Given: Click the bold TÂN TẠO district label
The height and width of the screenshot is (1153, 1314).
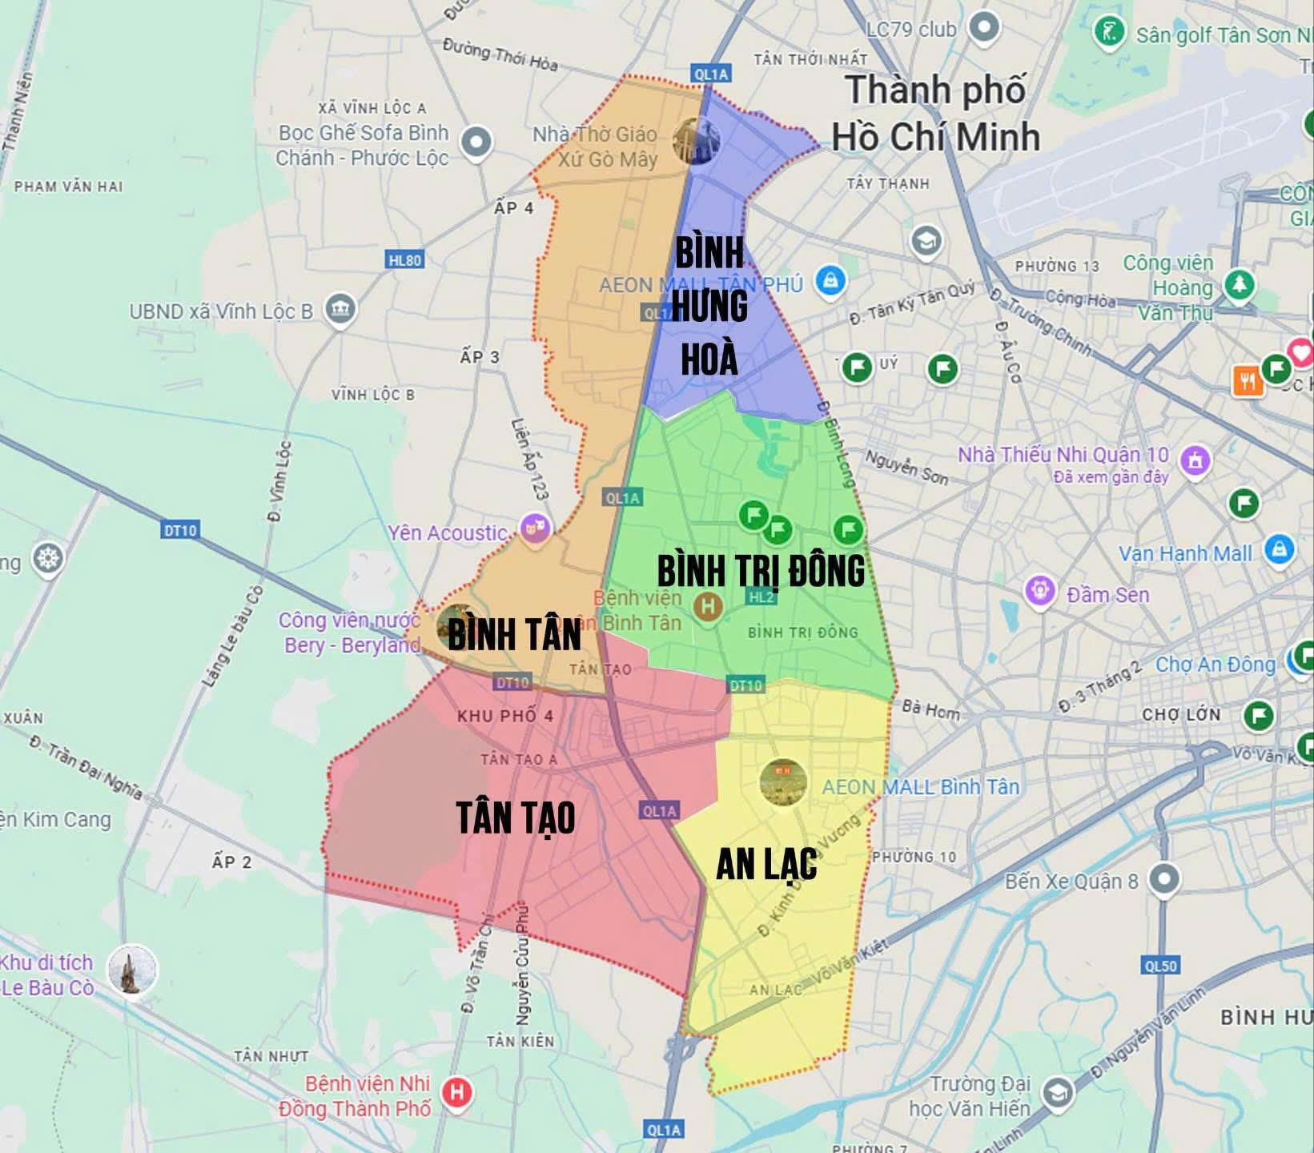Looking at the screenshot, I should pyautogui.click(x=516, y=818).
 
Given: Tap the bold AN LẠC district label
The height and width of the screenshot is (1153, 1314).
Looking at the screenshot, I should pyautogui.click(x=766, y=863).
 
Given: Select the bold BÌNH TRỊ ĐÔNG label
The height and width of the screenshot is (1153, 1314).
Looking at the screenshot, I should pyautogui.click(x=761, y=570).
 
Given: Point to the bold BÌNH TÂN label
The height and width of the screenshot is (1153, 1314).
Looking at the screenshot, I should pyautogui.click(x=514, y=634).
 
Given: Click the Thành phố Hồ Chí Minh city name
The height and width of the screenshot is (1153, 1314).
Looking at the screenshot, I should pyautogui.click(x=935, y=113).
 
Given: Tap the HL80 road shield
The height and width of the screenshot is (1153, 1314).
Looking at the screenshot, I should pyautogui.click(x=404, y=260).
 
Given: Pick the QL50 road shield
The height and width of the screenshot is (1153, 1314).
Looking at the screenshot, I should pyautogui.click(x=1160, y=966).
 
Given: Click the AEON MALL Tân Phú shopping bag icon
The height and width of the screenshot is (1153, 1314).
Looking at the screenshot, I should pyautogui.click(x=831, y=281).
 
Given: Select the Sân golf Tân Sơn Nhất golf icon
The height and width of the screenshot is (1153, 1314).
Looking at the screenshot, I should pyautogui.click(x=1110, y=34).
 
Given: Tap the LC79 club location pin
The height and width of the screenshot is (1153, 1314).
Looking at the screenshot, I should pyautogui.click(x=983, y=29).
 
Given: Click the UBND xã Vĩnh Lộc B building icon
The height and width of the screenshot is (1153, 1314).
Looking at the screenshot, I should pyautogui.click(x=340, y=309).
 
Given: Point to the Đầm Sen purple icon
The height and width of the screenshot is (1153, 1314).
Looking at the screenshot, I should pyautogui.click(x=1040, y=592).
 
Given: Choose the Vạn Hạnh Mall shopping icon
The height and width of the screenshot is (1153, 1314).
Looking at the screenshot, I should pyautogui.click(x=1279, y=551).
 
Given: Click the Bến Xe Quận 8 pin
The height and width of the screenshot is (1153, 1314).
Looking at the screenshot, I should pyautogui.click(x=1163, y=879).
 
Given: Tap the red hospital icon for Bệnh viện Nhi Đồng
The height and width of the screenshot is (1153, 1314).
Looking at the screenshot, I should pyautogui.click(x=456, y=1093).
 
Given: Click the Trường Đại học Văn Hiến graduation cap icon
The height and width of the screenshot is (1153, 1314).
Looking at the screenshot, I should pyautogui.click(x=1057, y=1093).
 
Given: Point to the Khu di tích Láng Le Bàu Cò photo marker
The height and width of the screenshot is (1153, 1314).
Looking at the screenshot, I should pyautogui.click(x=131, y=970).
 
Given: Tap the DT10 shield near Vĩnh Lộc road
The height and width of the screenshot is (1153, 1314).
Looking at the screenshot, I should pyautogui.click(x=180, y=530).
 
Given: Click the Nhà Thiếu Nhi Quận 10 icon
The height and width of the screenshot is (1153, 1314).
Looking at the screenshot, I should pyautogui.click(x=1195, y=460).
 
